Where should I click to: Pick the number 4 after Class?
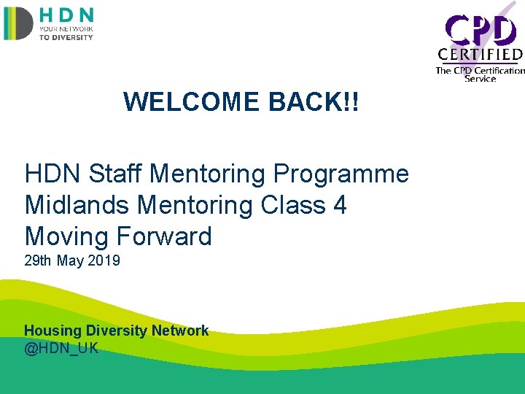[339, 205]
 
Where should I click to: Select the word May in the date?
[70, 260]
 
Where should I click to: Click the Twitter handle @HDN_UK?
[61, 348]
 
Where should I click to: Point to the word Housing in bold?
[50, 331]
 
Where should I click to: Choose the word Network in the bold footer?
[180, 331]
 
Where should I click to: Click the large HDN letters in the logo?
[66, 15]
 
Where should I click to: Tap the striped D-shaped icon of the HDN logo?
[18, 23]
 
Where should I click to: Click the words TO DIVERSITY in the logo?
[66, 37]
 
